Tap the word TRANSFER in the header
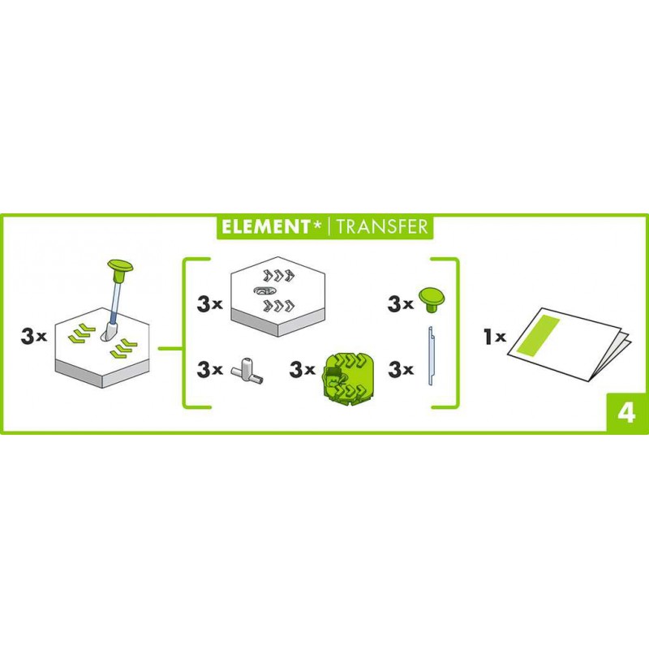[x=382, y=226]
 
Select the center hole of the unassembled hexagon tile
[x=264, y=291]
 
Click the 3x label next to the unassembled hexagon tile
[x=209, y=304]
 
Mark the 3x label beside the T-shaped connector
[x=209, y=369]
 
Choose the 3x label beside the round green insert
[x=302, y=369]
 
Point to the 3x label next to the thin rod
[x=401, y=369]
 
